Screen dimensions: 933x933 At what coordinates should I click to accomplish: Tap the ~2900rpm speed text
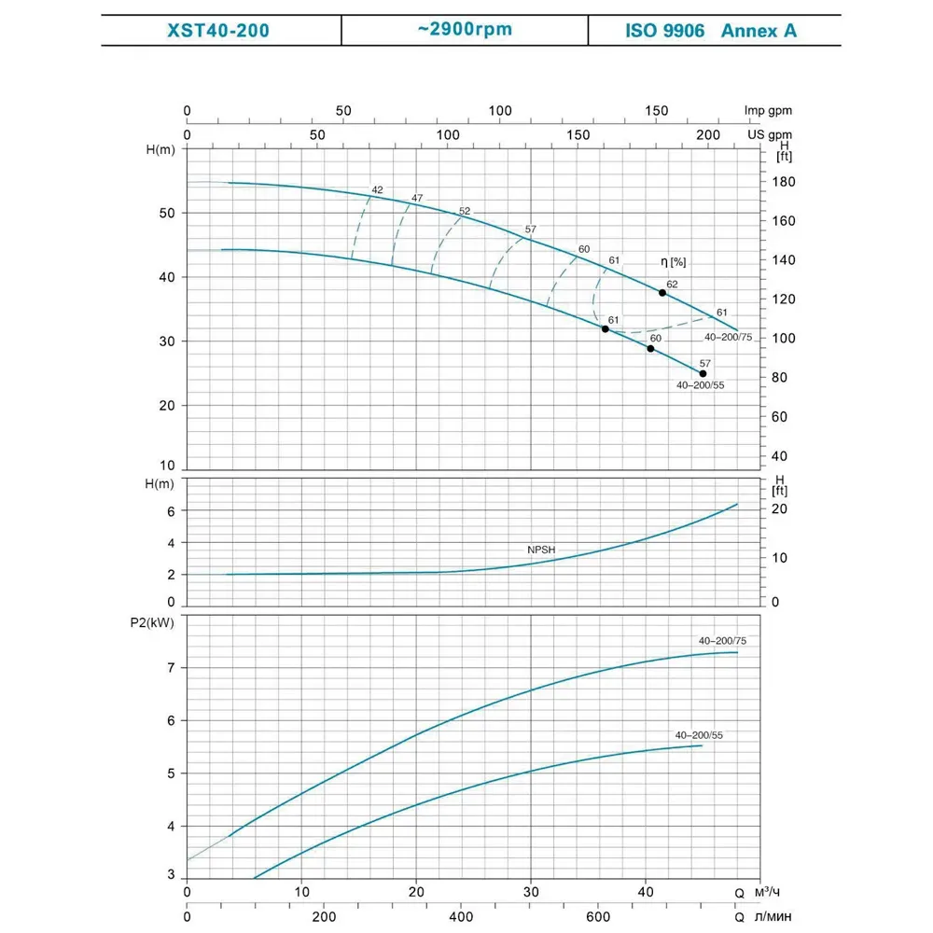[x=466, y=29]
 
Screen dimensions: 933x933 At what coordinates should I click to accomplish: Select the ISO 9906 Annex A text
[x=711, y=31]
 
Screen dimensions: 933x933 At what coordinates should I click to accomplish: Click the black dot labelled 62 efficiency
[x=662, y=293]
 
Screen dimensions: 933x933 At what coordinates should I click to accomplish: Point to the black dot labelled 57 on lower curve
[x=703, y=373]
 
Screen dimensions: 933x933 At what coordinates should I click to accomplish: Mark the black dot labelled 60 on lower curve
[x=650, y=348]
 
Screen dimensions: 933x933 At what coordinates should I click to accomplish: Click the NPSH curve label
[x=540, y=550]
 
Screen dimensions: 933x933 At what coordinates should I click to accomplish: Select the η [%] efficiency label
[x=673, y=262]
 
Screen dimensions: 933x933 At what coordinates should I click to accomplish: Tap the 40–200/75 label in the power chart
[x=722, y=641]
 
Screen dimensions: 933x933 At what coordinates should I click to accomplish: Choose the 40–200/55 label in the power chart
[x=699, y=735]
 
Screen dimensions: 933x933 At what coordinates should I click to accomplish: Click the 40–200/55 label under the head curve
[x=700, y=384]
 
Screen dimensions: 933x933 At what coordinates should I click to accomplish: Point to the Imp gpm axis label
[x=767, y=111]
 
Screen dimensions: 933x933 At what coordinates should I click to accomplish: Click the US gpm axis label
[x=769, y=135]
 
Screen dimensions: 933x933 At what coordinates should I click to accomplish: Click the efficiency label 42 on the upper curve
[x=377, y=190]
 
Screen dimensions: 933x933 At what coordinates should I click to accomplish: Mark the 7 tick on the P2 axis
[x=171, y=667]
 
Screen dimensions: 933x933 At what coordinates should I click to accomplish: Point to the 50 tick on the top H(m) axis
[x=167, y=213]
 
